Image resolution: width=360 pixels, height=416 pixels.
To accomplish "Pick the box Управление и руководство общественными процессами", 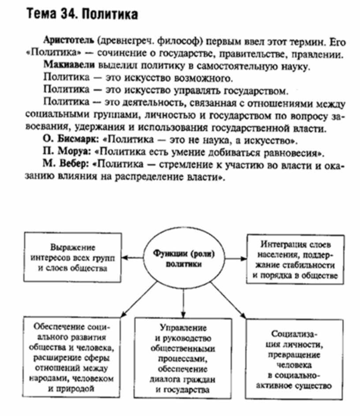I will click(181, 357).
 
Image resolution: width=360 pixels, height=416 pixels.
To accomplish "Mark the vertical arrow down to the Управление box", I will click(182, 302).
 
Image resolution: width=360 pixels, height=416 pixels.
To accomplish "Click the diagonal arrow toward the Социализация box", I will click(230, 300).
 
